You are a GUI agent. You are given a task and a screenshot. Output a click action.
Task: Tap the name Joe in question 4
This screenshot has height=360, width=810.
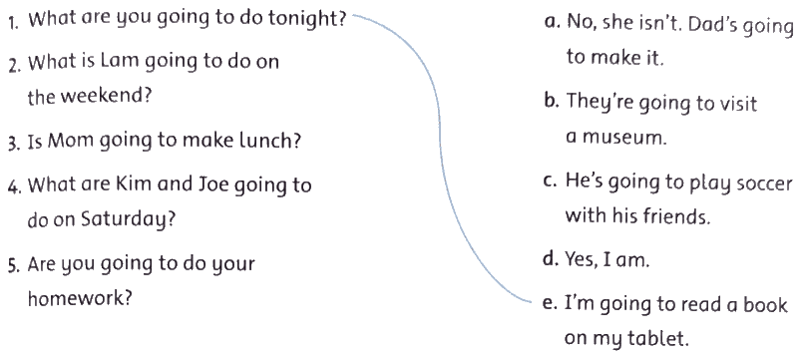(210, 184)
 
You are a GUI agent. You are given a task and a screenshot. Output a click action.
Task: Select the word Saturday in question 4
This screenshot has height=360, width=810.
(128, 220)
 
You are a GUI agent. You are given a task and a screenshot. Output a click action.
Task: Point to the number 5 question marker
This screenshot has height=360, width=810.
(14, 265)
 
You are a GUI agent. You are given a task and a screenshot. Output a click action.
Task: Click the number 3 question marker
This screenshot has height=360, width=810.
(14, 142)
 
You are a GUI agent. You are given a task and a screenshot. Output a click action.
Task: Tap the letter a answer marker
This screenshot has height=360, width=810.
(553, 23)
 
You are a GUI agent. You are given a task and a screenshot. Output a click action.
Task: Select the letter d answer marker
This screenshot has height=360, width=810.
(551, 258)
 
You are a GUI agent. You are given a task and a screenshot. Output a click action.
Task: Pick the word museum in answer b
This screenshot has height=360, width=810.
(624, 138)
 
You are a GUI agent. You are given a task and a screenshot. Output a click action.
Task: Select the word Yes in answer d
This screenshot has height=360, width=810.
(582, 258)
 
